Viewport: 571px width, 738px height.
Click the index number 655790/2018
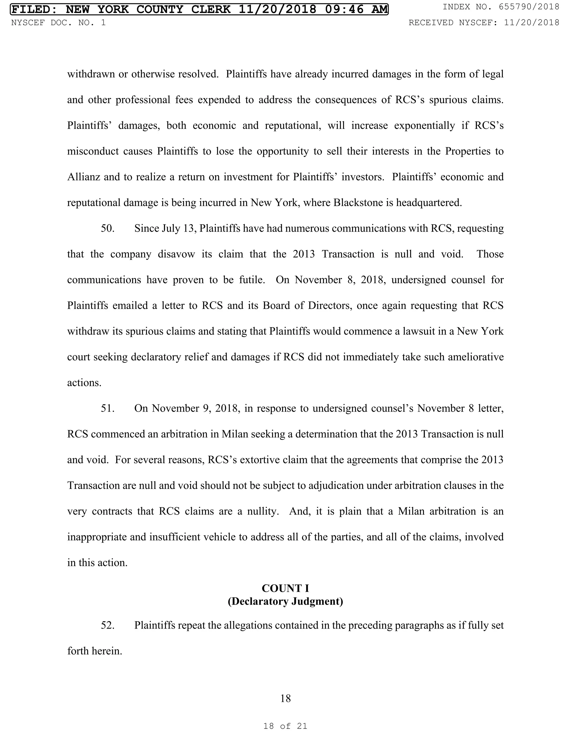[529, 7]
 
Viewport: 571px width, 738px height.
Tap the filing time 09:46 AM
[356, 9]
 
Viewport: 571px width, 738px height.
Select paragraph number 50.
[108, 228]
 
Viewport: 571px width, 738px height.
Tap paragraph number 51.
[108, 408]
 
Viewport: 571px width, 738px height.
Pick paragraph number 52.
[108, 625]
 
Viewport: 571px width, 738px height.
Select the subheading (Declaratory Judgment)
[285, 602]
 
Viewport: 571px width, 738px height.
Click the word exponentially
[424, 125]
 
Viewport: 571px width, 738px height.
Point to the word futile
[251, 280]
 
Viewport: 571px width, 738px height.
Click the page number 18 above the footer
[285, 698]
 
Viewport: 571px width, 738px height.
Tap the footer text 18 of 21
[285, 726]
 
